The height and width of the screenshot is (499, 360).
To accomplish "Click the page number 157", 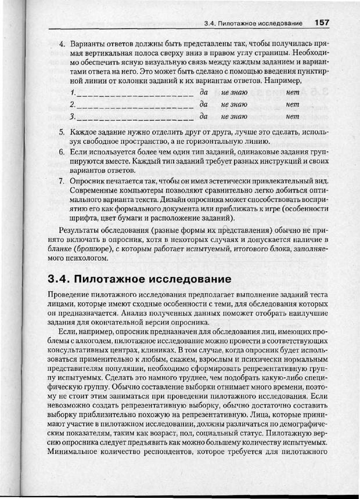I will pyautogui.click(x=322, y=23).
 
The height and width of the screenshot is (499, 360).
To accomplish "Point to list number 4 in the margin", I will pyautogui.click(x=62, y=44).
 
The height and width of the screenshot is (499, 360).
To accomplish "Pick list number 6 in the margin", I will pyautogui.click(x=62, y=151).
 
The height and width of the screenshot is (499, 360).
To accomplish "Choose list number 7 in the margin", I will pyautogui.click(x=62, y=181).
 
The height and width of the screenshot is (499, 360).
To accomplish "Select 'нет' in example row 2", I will pyautogui.click(x=293, y=104).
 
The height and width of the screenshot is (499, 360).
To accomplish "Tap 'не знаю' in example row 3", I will pyautogui.click(x=234, y=117).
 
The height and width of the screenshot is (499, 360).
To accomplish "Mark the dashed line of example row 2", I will pyautogui.click(x=135, y=106).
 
